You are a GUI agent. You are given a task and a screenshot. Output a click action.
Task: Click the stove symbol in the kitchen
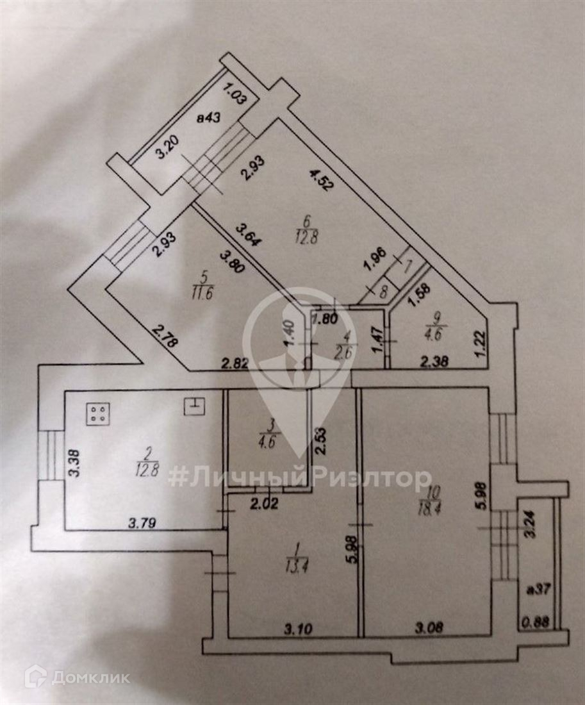tap(98, 413)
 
